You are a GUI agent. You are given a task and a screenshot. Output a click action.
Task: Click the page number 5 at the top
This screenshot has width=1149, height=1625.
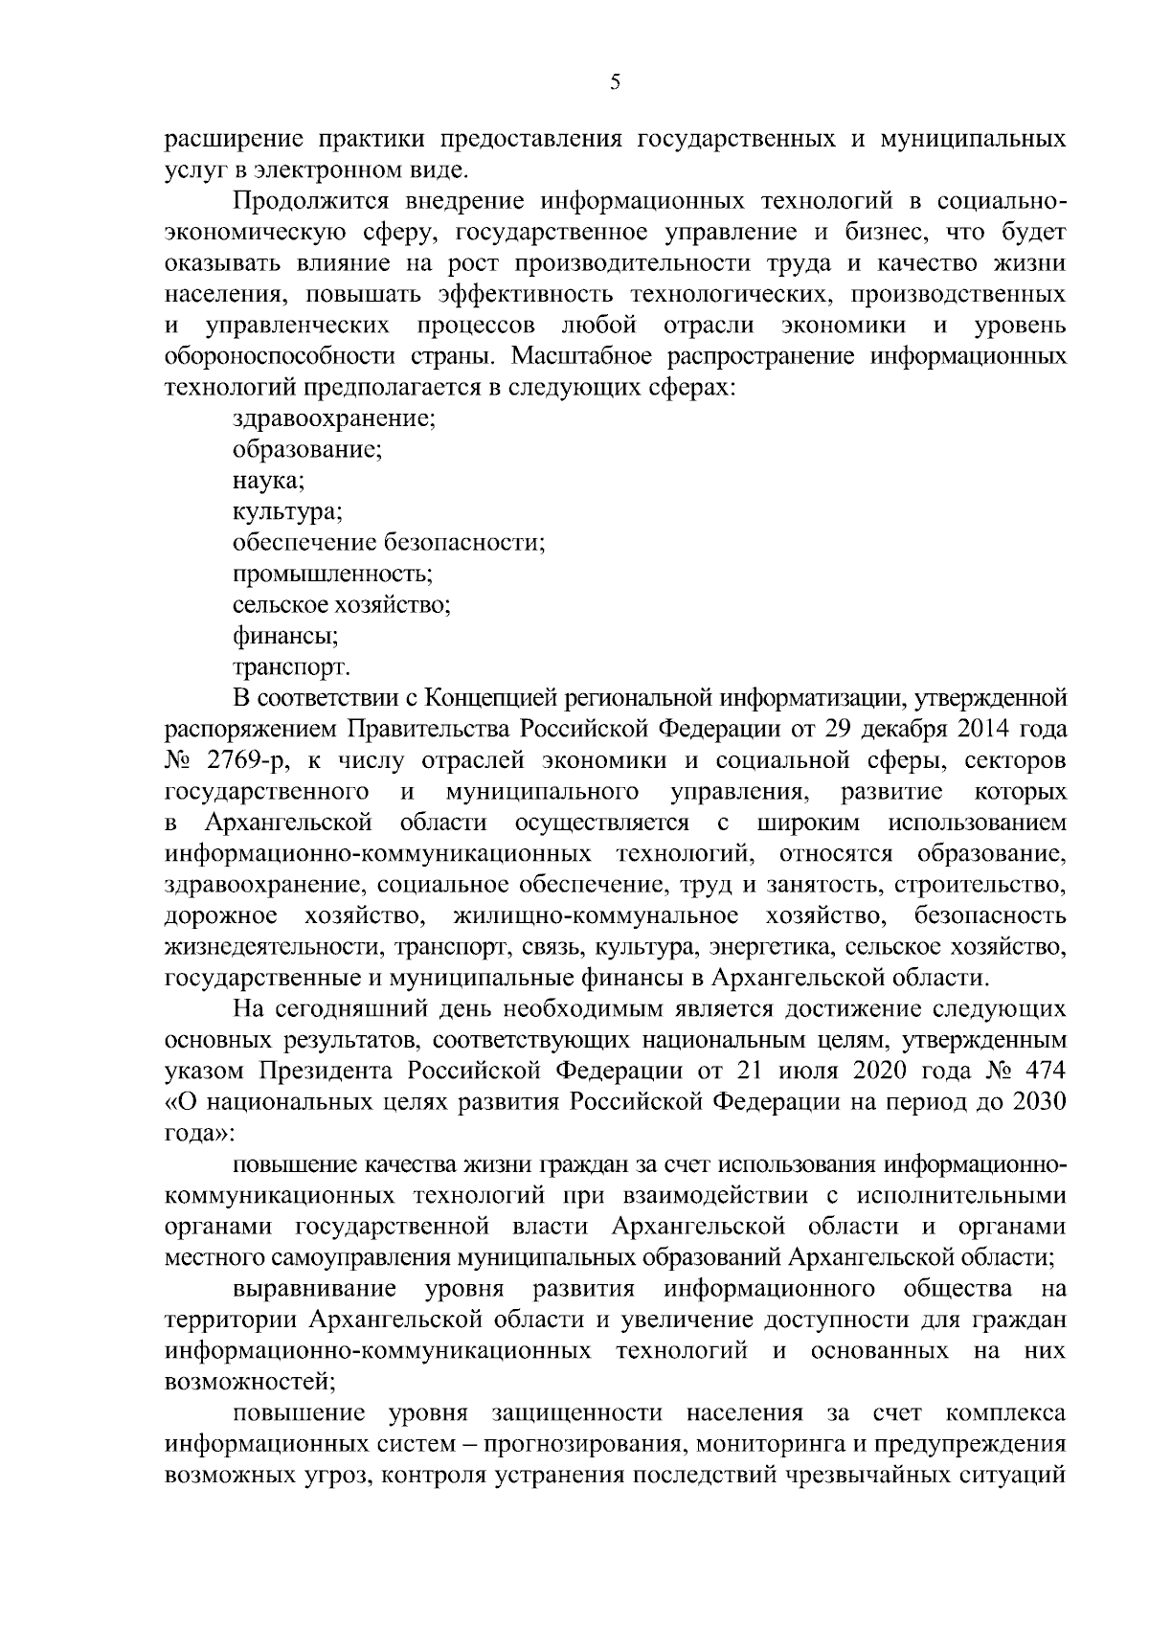coord(615,83)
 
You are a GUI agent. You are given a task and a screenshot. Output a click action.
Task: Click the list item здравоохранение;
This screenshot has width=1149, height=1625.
coord(335,418)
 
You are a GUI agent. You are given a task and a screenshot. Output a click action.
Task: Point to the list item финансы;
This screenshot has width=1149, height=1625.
coord(285,636)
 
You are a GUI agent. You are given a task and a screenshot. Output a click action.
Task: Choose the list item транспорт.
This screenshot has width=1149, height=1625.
coord(291,666)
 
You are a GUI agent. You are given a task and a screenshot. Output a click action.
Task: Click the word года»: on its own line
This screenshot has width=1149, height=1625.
coord(199,1132)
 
